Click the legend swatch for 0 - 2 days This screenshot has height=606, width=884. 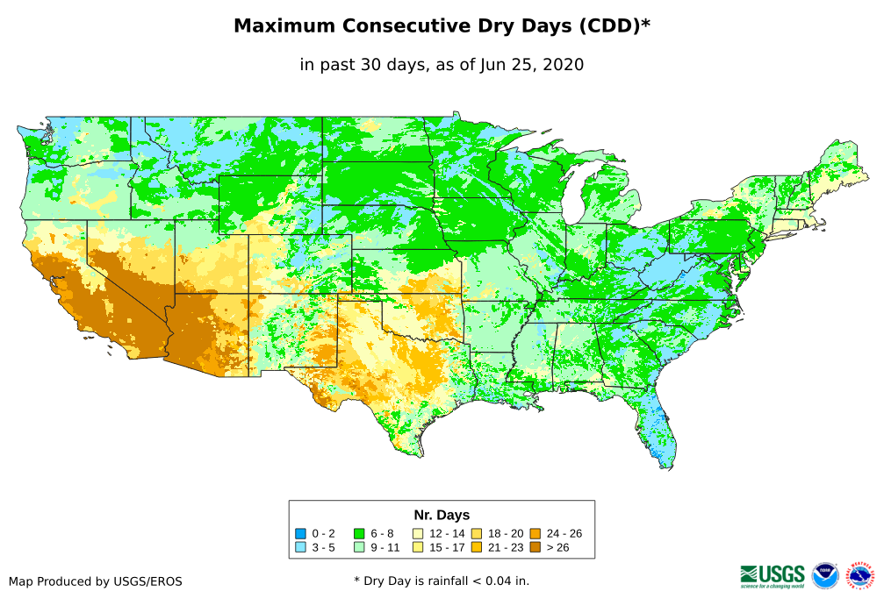tap(300, 533)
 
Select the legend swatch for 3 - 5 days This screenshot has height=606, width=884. tap(300, 548)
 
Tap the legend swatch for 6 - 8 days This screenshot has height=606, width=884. tap(359, 533)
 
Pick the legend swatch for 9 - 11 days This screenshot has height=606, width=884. tap(359, 548)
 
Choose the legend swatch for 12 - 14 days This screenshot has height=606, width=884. tap(418, 533)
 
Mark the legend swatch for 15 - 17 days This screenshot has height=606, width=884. tap(418, 548)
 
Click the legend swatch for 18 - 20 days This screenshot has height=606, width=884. tap(477, 533)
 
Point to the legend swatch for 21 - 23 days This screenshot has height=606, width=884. tap(477, 548)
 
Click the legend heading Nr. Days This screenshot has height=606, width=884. tap(442, 515)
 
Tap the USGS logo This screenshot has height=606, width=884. tap(773, 575)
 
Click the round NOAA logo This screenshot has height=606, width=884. tap(825, 575)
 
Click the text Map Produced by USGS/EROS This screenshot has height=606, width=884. tap(96, 581)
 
